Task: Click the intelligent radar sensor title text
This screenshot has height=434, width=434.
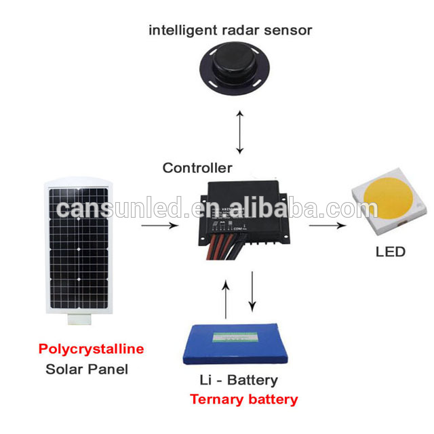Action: pos(231,31)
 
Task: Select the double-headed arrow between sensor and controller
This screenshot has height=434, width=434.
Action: pos(239,132)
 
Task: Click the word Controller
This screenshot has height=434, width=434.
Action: pos(197,167)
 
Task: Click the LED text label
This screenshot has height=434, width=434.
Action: pos(390,252)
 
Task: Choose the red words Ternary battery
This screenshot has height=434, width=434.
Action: pos(243,399)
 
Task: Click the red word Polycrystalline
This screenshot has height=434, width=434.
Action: pos(91,349)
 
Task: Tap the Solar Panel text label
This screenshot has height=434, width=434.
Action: pos(87,370)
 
